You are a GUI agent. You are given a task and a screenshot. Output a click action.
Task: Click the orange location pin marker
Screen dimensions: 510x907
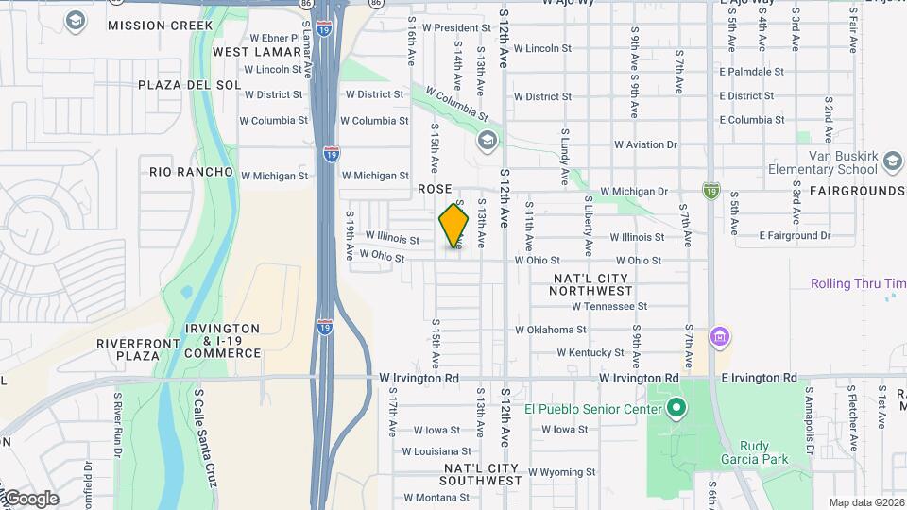tap(453, 225)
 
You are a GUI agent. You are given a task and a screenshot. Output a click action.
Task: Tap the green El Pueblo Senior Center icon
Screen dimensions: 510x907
tap(676, 409)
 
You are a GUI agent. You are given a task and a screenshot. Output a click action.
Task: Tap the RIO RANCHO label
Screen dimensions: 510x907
tap(191, 172)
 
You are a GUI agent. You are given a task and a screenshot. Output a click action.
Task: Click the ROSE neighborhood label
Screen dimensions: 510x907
tap(436, 190)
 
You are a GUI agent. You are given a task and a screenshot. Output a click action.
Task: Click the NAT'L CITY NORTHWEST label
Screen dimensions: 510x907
tap(591, 284)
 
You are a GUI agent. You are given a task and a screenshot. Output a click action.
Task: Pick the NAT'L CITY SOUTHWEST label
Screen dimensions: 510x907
tap(482, 474)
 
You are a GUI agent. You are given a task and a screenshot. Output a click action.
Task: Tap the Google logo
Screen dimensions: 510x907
tap(30, 499)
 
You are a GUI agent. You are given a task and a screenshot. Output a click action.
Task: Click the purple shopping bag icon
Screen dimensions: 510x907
tap(720, 336)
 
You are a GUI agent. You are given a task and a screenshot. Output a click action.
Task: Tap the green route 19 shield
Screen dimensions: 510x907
tap(710, 191)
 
